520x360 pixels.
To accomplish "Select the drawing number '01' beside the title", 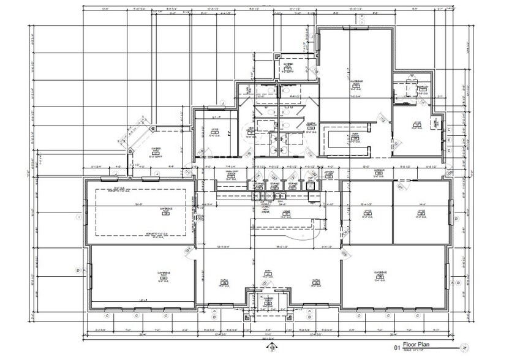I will coord(397,347).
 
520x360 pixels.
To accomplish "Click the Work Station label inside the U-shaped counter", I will coord(355,137).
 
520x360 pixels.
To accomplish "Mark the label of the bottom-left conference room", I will coord(164,274).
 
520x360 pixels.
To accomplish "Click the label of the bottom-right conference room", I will coord(379,274).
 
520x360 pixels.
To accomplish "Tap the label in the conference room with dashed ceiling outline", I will coord(165,210).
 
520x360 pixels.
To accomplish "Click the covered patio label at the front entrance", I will coord(268,300).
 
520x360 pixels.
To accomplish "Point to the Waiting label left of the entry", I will coord(224,282).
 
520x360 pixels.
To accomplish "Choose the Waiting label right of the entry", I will coord(317,282).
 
